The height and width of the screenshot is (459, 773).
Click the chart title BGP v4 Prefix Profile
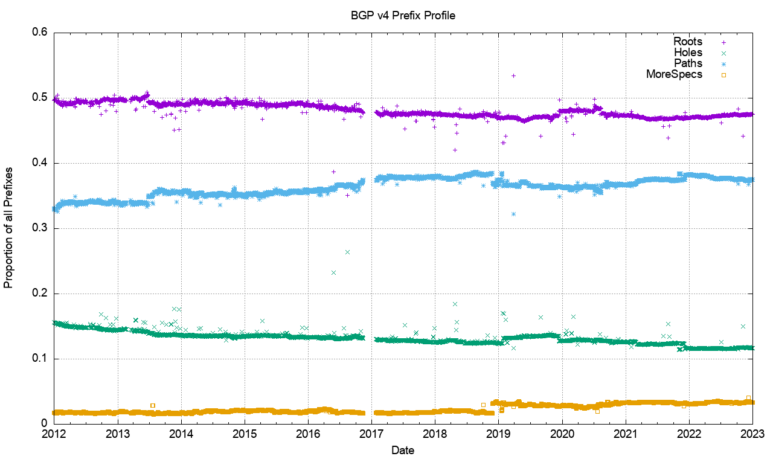[403, 16]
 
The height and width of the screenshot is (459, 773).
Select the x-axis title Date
[403, 450]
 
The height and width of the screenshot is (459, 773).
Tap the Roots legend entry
[688, 42]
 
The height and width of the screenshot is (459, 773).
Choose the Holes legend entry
[688, 53]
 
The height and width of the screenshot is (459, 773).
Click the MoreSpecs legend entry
[674, 74]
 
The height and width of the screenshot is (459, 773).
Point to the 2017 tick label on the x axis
[371, 434]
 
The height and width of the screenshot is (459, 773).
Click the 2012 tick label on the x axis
[54, 434]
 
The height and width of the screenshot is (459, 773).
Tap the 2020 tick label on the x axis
[562, 434]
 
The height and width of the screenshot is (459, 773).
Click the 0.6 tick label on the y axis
[40, 33]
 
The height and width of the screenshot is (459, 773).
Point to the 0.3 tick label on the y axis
[40, 228]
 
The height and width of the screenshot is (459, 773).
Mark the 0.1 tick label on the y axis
[40, 359]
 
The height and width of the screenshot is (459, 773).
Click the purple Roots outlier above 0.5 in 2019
[513, 75]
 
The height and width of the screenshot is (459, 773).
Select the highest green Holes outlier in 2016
[347, 252]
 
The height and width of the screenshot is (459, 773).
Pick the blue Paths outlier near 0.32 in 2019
[513, 214]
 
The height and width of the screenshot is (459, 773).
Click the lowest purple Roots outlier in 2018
[455, 150]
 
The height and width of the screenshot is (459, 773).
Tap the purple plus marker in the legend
[723, 42]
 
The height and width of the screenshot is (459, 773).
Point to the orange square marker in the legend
[723, 75]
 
